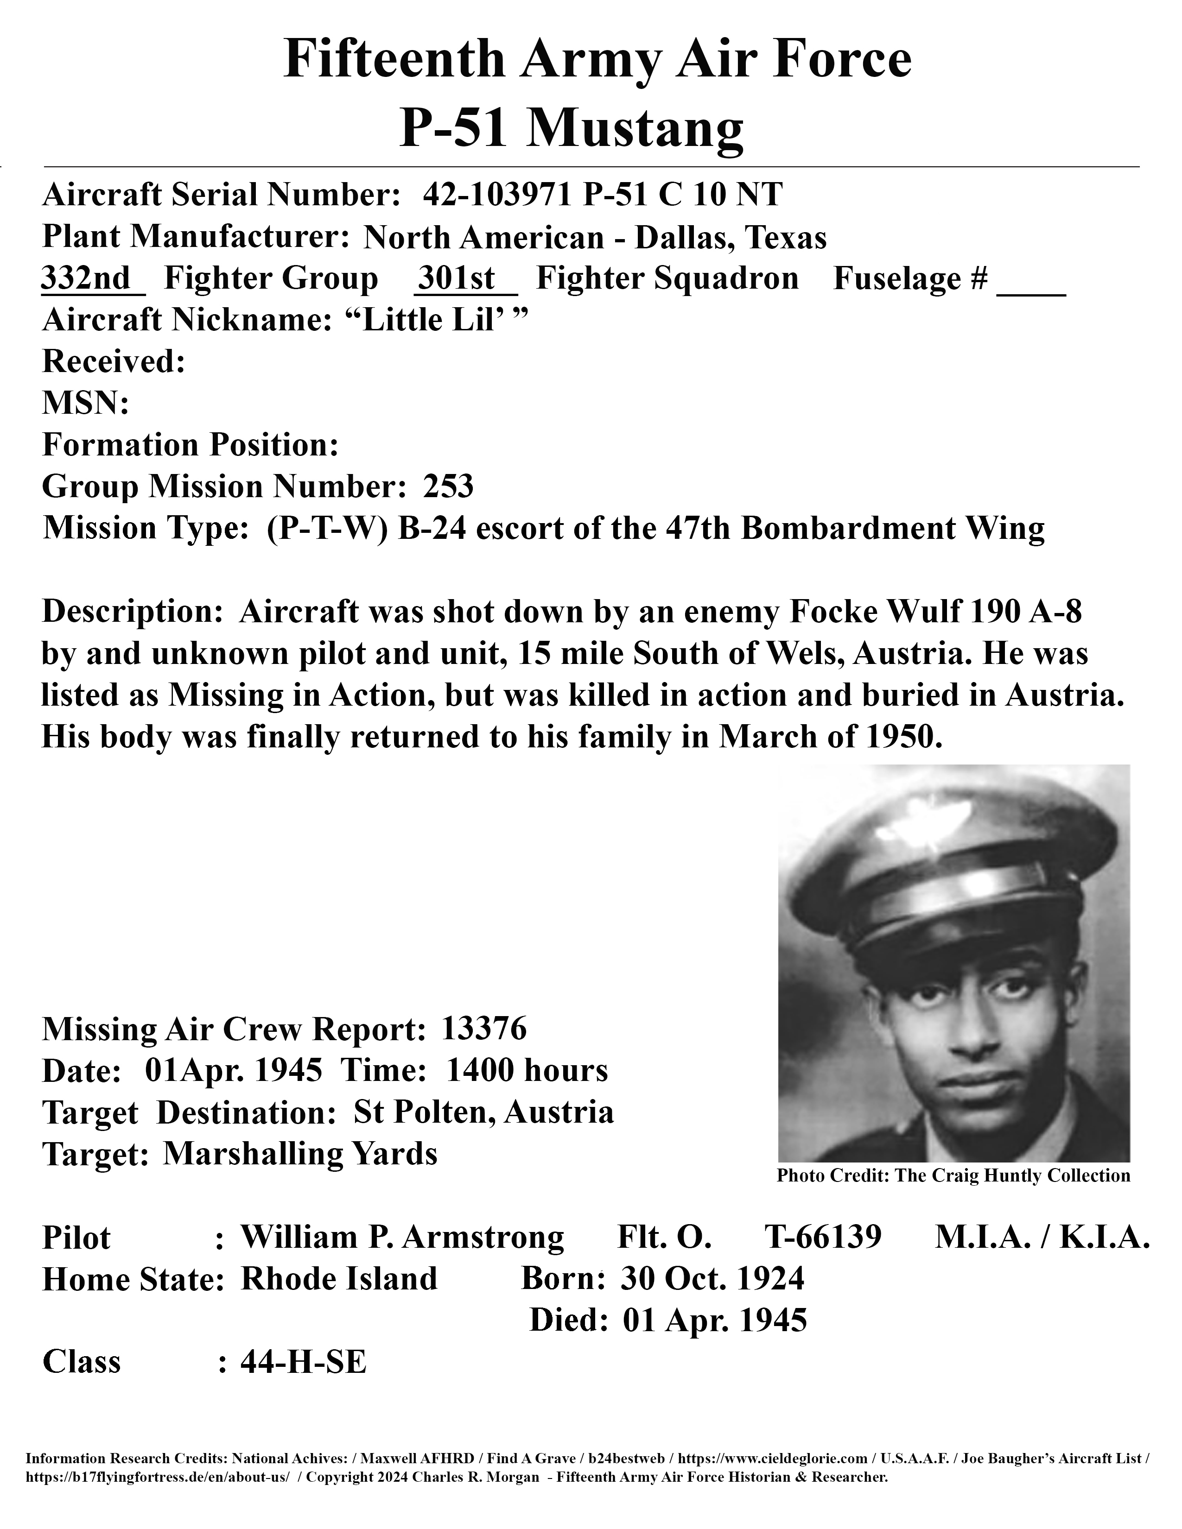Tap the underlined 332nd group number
click(87, 278)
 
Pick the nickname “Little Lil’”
click(436, 320)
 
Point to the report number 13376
click(484, 1029)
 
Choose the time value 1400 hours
click(527, 1070)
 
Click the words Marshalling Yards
click(300, 1154)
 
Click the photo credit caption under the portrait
click(953, 1175)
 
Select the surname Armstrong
click(483, 1237)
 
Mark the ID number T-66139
click(822, 1237)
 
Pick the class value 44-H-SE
click(303, 1362)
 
